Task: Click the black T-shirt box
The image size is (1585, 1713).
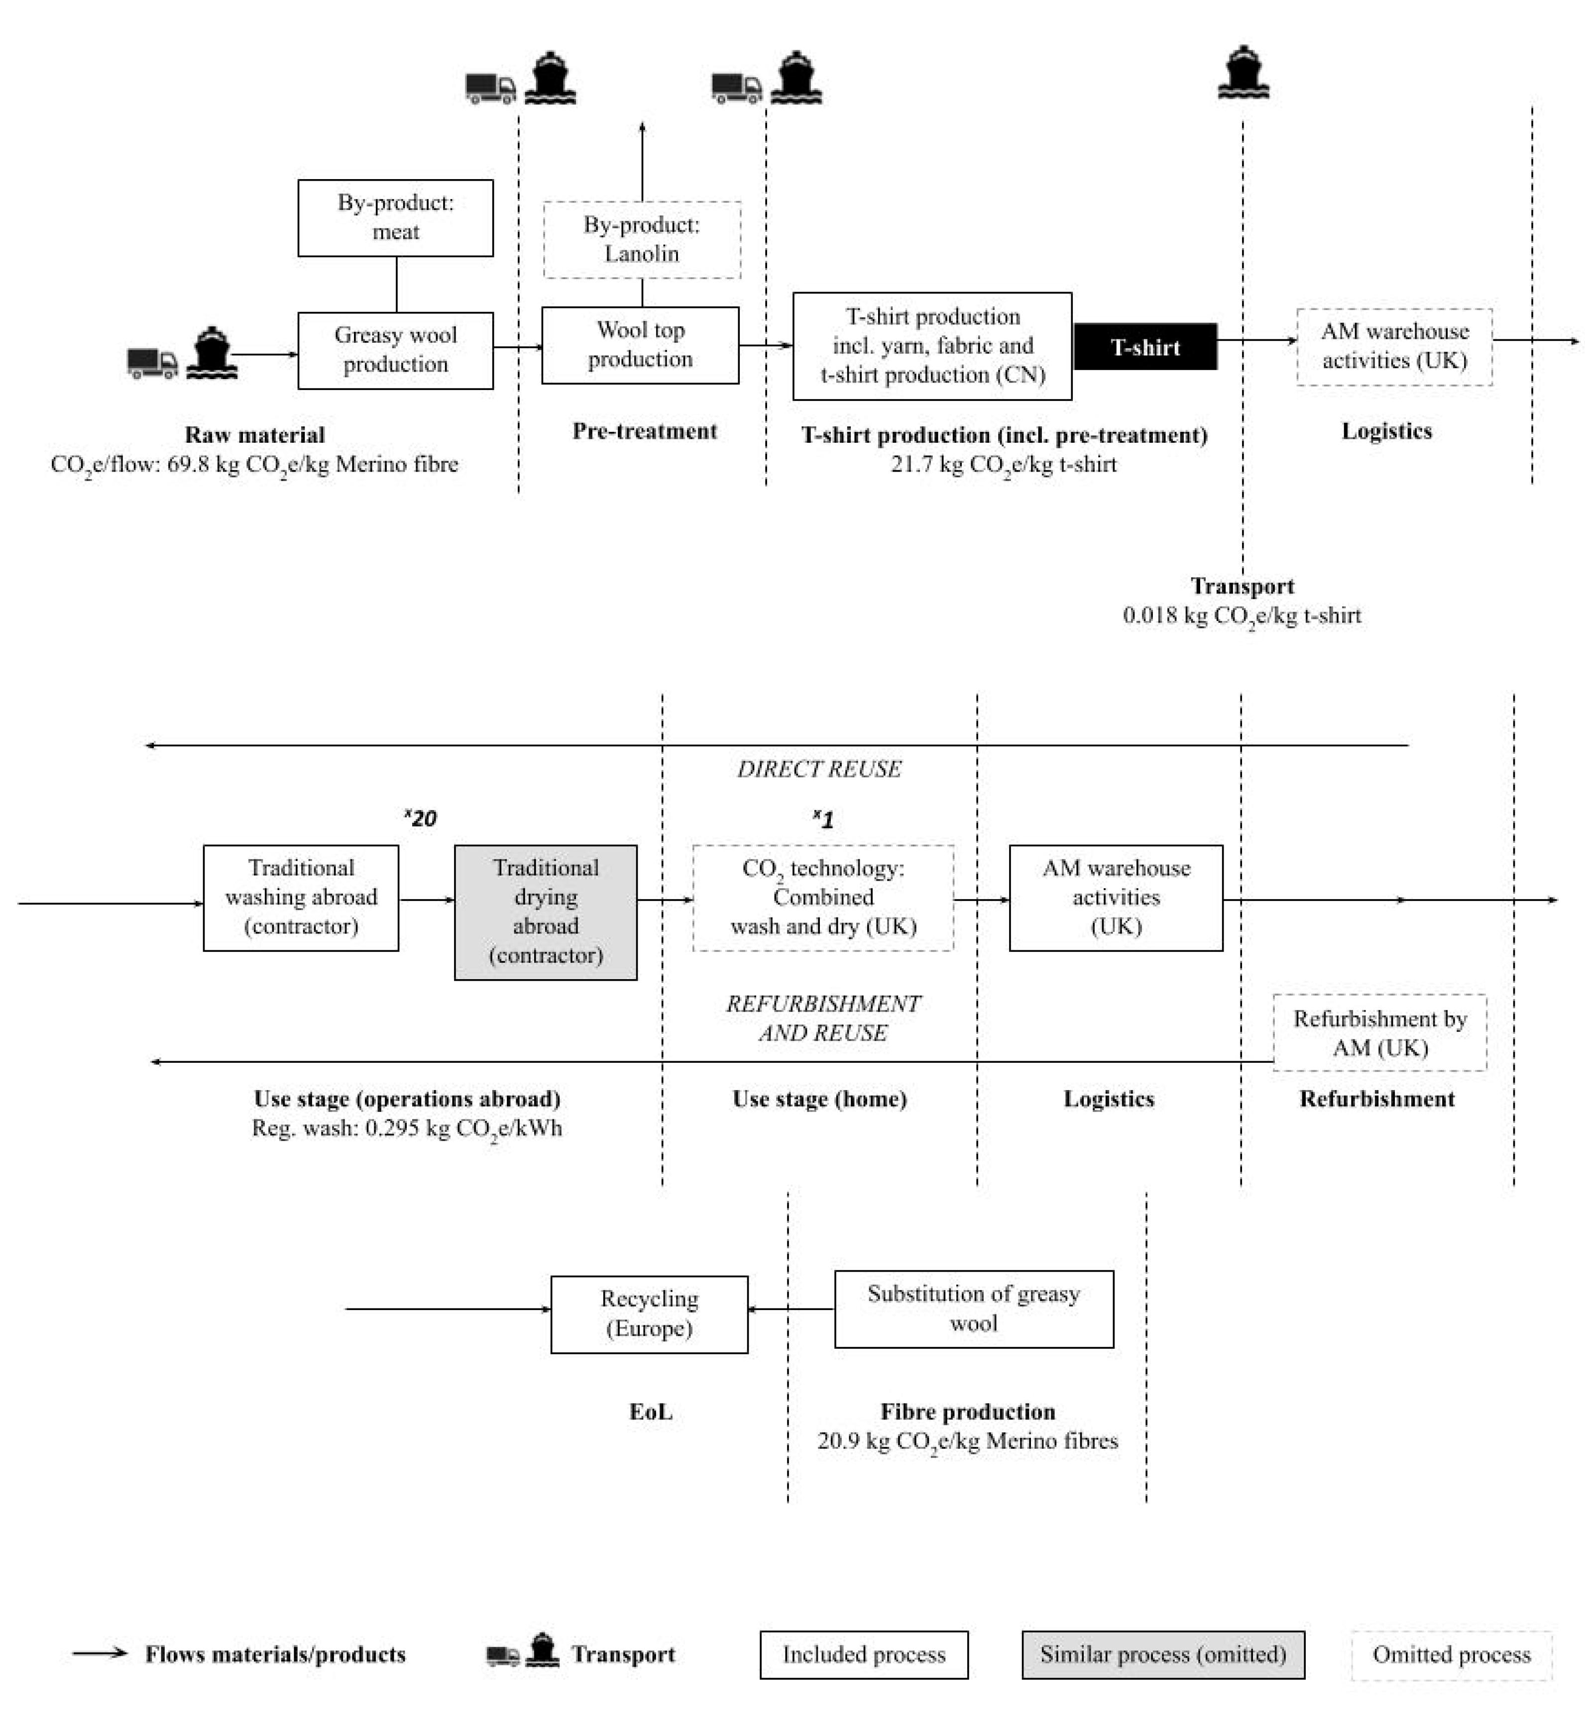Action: tap(1145, 346)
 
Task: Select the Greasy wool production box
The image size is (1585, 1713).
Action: tap(395, 350)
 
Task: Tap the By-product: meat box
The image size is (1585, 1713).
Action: tap(395, 218)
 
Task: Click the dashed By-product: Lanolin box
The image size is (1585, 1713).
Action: tap(642, 239)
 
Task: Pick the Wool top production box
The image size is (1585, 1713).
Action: tap(640, 345)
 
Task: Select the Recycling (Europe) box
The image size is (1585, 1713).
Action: tap(649, 1313)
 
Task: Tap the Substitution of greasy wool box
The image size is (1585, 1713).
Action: tap(974, 1309)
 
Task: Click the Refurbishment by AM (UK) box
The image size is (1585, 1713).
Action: tap(1379, 1032)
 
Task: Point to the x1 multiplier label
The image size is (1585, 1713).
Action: tap(823, 819)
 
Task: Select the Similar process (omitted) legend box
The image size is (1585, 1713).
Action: tap(1163, 1654)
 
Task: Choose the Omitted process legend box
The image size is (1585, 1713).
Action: tap(1451, 1654)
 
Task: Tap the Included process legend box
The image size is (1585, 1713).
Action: tap(864, 1654)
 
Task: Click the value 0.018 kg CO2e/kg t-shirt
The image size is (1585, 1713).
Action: tap(1242, 615)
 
